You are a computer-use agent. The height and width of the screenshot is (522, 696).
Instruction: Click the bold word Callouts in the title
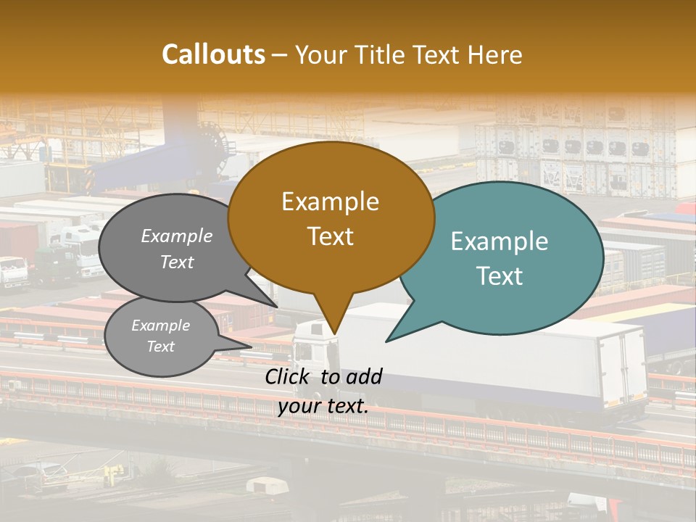point(213,54)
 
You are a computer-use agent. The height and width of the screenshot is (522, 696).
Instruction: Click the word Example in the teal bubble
point(500,241)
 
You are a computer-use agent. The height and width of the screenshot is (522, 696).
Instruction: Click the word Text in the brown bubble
point(331,236)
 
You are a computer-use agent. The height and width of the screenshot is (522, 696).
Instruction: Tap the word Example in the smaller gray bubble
point(161,326)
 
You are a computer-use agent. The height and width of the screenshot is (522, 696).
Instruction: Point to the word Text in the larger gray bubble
point(177,262)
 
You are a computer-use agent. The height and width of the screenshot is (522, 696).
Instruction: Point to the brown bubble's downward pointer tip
point(334,334)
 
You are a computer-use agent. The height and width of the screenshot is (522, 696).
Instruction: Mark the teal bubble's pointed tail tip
point(386,341)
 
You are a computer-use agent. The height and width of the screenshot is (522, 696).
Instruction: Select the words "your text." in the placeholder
point(323,406)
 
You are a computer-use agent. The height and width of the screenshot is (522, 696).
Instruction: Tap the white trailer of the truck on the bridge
point(507,362)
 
